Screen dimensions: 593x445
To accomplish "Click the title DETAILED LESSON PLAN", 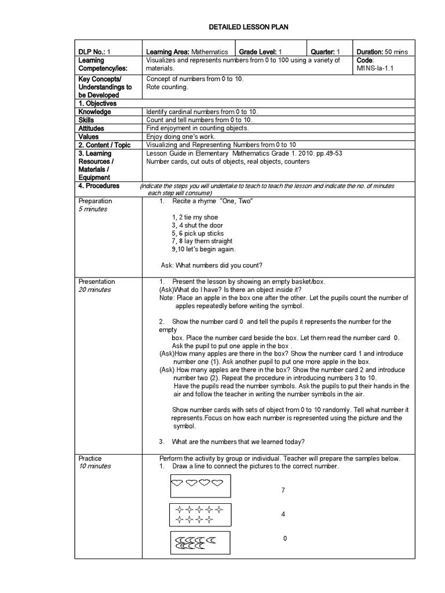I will (x=248, y=27).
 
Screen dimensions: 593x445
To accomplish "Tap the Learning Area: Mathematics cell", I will (x=180, y=52).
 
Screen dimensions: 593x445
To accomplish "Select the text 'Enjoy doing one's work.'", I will (x=181, y=136).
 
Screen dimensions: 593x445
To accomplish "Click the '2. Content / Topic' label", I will (x=104, y=145).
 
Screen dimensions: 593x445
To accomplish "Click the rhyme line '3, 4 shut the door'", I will (x=197, y=225).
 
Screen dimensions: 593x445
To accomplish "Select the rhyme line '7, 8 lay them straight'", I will (x=202, y=241).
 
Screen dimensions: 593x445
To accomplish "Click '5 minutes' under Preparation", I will (x=93, y=209).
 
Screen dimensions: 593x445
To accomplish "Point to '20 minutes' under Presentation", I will (x=94, y=290).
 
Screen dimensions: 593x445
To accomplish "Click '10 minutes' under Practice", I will (x=94, y=466).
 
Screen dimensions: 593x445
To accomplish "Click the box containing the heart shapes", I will (x=200, y=486).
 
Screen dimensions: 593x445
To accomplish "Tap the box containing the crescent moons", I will (x=200, y=543).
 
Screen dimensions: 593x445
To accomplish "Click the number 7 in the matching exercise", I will (x=283, y=490).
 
